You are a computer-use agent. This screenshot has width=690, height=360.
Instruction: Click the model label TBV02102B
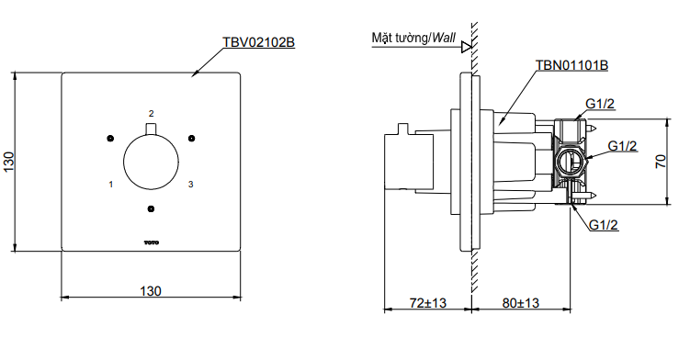pyautogui.click(x=259, y=42)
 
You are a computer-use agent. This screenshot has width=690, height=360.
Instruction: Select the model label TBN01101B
pyautogui.click(x=571, y=65)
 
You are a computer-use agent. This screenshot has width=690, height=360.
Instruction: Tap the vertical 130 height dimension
pyautogui.click(x=8, y=162)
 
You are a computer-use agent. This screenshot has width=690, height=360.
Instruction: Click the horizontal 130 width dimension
pyautogui.click(x=151, y=291)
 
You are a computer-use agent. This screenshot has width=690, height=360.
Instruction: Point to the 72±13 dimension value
pyautogui.click(x=428, y=303)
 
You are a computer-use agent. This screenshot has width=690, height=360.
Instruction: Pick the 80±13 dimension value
pyautogui.click(x=521, y=303)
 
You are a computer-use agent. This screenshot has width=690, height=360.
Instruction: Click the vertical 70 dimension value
pyautogui.click(x=661, y=162)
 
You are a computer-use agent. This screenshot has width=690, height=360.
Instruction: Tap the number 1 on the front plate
pyautogui.click(x=111, y=184)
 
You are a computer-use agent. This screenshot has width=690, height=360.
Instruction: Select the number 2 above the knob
pyautogui.click(x=152, y=114)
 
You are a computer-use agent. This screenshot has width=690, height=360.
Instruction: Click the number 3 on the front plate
pyautogui.click(x=190, y=184)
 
